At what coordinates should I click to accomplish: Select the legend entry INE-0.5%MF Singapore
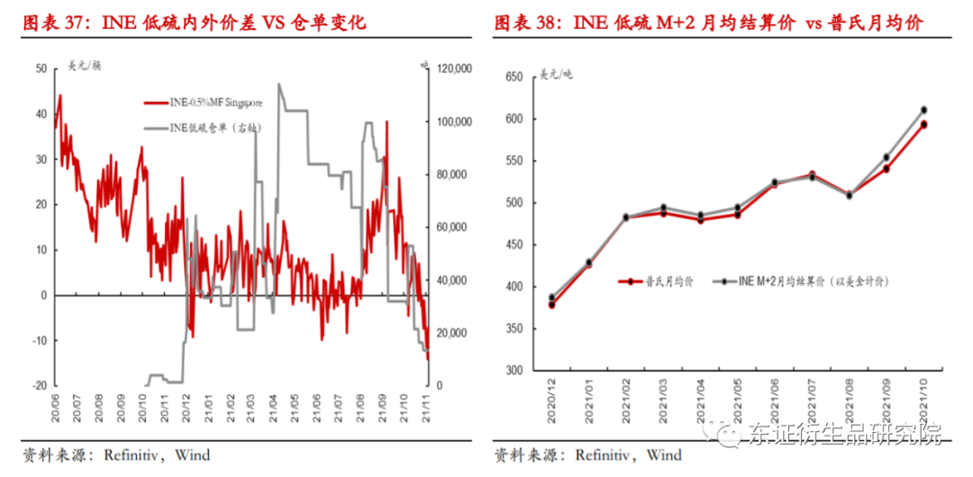(x=215, y=104)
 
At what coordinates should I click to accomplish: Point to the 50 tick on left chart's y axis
(x=41, y=69)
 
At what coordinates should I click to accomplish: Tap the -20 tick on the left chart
(x=39, y=385)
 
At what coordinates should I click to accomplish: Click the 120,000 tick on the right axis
(x=449, y=69)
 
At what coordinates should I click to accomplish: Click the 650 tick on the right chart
(x=514, y=78)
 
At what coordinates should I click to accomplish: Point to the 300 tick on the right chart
(x=514, y=371)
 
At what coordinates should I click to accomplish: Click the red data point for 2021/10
(x=924, y=125)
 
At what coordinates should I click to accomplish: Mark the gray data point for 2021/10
(x=924, y=110)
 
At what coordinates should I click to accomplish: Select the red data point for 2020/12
(x=551, y=305)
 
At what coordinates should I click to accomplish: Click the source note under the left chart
(x=116, y=454)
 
